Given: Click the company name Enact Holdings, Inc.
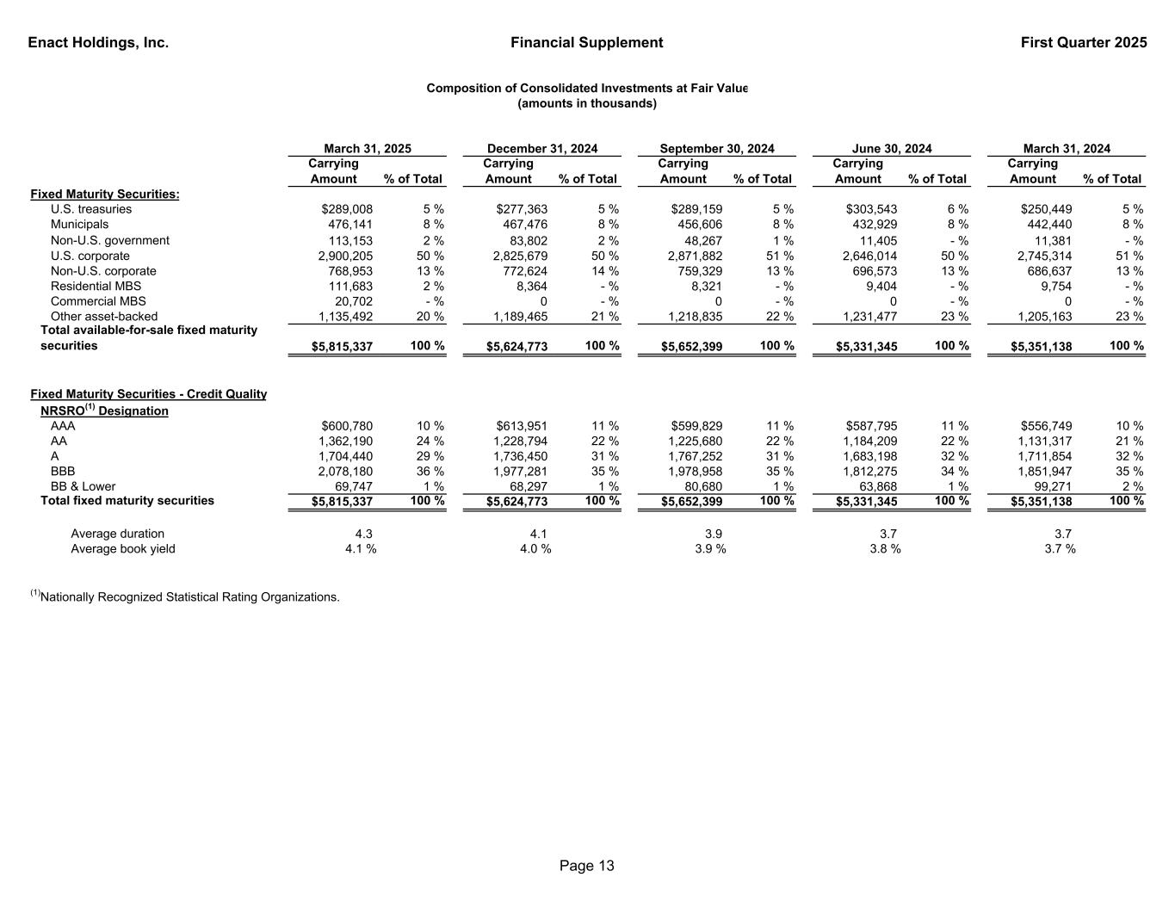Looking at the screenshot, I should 98,43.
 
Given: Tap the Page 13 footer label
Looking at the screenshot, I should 587,866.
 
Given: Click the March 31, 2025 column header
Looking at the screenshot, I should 367,149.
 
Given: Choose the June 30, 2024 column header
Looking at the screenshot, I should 891,149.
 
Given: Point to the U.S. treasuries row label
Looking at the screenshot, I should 91,209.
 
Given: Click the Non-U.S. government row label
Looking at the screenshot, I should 110,240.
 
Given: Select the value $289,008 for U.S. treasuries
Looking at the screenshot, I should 347,209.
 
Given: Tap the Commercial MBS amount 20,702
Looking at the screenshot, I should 354,301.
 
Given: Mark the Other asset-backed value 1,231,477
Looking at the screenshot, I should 869,317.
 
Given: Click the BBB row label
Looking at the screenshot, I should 63,472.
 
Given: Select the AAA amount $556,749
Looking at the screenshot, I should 1046,426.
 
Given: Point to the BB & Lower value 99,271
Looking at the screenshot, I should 1053,486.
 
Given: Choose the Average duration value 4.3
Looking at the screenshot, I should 364,534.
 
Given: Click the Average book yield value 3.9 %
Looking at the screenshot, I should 710,549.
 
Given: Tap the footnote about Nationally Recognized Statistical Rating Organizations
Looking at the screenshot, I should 185,596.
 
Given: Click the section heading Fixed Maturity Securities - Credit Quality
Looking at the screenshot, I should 148,394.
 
